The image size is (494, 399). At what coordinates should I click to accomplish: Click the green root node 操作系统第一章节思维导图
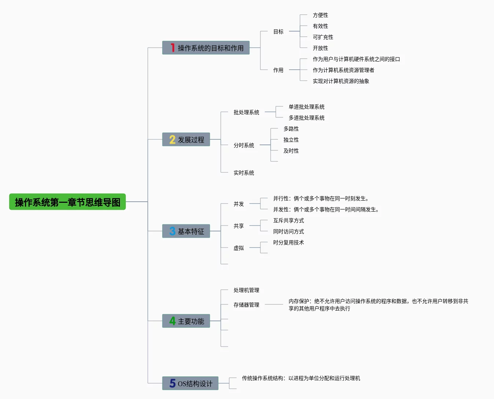click(x=67, y=202)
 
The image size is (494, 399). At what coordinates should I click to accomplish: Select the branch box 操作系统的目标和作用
click(x=206, y=48)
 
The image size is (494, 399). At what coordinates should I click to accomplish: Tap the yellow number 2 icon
click(x=172, y=140)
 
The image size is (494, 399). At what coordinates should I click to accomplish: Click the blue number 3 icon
click(x=172, y=231)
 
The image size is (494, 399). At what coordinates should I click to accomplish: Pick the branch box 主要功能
click(x=186, y=321)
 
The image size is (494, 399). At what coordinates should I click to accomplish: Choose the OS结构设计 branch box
click(x=190, y=384)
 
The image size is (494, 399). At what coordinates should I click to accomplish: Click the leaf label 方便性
click(x=320, y=15)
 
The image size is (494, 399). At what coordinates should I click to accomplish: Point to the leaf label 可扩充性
click(x=323, y=37)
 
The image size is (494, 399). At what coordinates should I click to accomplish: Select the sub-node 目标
click(x=278, y=32)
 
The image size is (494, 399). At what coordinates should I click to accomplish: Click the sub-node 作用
click(x=278, y=70)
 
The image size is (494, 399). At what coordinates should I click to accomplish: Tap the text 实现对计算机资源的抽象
click(x=341, y=81)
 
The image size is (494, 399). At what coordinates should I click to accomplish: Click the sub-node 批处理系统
click(x=246, y=112)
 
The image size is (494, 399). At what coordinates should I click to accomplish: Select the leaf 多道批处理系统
click(x=306, y=118)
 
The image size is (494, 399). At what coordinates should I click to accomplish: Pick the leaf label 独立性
click(x=291, y=140)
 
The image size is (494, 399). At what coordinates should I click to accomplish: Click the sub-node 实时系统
click(x=244, y=173)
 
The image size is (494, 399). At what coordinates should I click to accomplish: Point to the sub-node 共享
click(x=238, y=226)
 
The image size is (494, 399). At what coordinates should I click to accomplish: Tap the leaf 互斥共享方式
click(x=288, y=220)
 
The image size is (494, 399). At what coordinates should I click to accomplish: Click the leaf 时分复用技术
click(x=288, y=242)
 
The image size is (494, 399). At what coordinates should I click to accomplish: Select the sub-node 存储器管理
click(x=246, y=305)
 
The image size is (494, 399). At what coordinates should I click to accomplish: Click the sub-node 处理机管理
click(x=246, y=290)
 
